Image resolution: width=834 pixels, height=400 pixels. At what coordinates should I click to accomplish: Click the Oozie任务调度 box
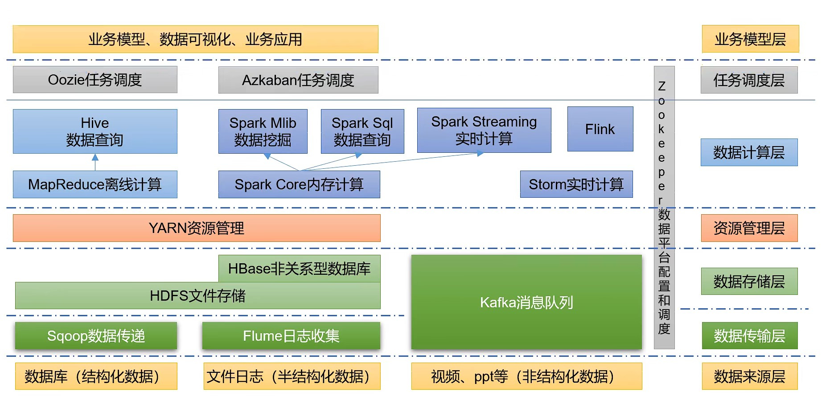point(95,80)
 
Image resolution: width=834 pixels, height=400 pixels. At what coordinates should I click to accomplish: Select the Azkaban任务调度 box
point(298,80)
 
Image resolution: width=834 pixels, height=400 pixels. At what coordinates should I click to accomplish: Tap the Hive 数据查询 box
point(95,131)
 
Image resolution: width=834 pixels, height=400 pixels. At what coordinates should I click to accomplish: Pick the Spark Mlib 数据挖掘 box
point(263,131)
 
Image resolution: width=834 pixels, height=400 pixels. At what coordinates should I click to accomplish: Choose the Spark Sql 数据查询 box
point(362,131)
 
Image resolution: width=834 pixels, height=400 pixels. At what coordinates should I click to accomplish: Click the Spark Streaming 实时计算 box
point(484,130)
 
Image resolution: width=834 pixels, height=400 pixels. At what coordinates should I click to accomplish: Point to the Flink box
point(600,129)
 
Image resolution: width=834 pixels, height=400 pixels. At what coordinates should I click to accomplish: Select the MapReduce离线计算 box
point(95,184)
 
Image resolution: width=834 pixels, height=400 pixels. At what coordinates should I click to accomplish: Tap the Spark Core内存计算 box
point(299,184)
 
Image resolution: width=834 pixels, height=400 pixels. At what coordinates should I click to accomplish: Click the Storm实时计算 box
point(576,184)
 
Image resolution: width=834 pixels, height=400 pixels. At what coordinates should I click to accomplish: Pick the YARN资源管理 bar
point(197,228)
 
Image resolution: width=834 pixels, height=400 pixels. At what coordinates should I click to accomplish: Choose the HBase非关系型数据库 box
point(300,269)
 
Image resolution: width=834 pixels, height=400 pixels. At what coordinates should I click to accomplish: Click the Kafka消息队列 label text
point(526,302)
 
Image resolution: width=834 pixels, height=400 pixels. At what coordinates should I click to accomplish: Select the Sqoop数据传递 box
point(96,336)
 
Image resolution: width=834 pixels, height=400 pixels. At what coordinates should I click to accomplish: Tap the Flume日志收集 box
point(292,336)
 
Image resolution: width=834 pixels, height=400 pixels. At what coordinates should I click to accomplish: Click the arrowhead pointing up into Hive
point(95,157)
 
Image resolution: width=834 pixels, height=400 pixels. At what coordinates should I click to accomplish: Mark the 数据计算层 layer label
point(749,152)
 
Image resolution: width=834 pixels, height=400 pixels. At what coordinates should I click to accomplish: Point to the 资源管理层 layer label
point(749,228)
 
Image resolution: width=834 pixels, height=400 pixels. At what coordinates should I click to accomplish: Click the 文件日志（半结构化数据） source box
point(292,376)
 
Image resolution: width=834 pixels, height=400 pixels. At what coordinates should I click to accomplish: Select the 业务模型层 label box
point(751,39)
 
